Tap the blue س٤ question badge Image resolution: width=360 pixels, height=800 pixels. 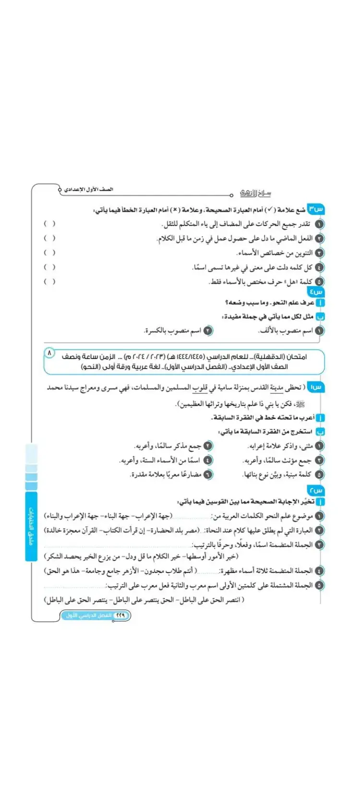point(316,291)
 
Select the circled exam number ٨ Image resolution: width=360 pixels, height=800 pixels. point(49,353)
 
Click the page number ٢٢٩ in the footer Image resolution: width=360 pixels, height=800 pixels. point(120,615)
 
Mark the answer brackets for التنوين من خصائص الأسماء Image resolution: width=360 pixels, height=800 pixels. point(49,252)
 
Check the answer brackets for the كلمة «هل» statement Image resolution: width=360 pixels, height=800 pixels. point(49,281)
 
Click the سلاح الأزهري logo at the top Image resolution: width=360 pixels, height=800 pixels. point(255,193)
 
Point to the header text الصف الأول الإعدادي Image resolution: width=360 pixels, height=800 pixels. point(89,190)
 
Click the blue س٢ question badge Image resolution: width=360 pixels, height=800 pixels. point(316,490)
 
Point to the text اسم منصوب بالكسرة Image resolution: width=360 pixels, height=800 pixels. point(173,331)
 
